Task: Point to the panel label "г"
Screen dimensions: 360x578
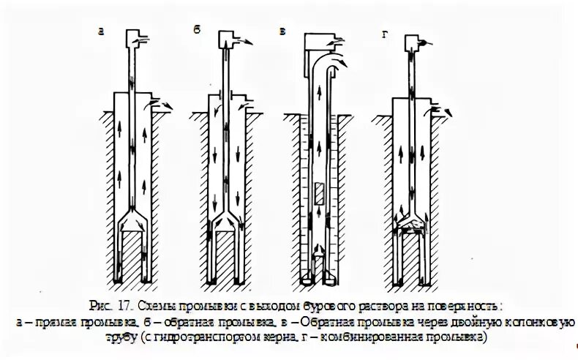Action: point(386,31)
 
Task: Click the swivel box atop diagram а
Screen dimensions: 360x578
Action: point(133,37)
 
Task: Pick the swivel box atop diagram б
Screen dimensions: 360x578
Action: point(226,36)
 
